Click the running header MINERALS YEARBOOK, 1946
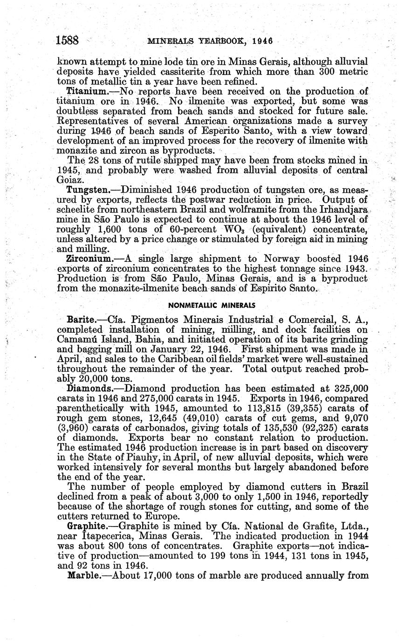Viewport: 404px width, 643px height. point(210,41)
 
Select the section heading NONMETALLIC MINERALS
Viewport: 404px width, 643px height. point(212,306)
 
